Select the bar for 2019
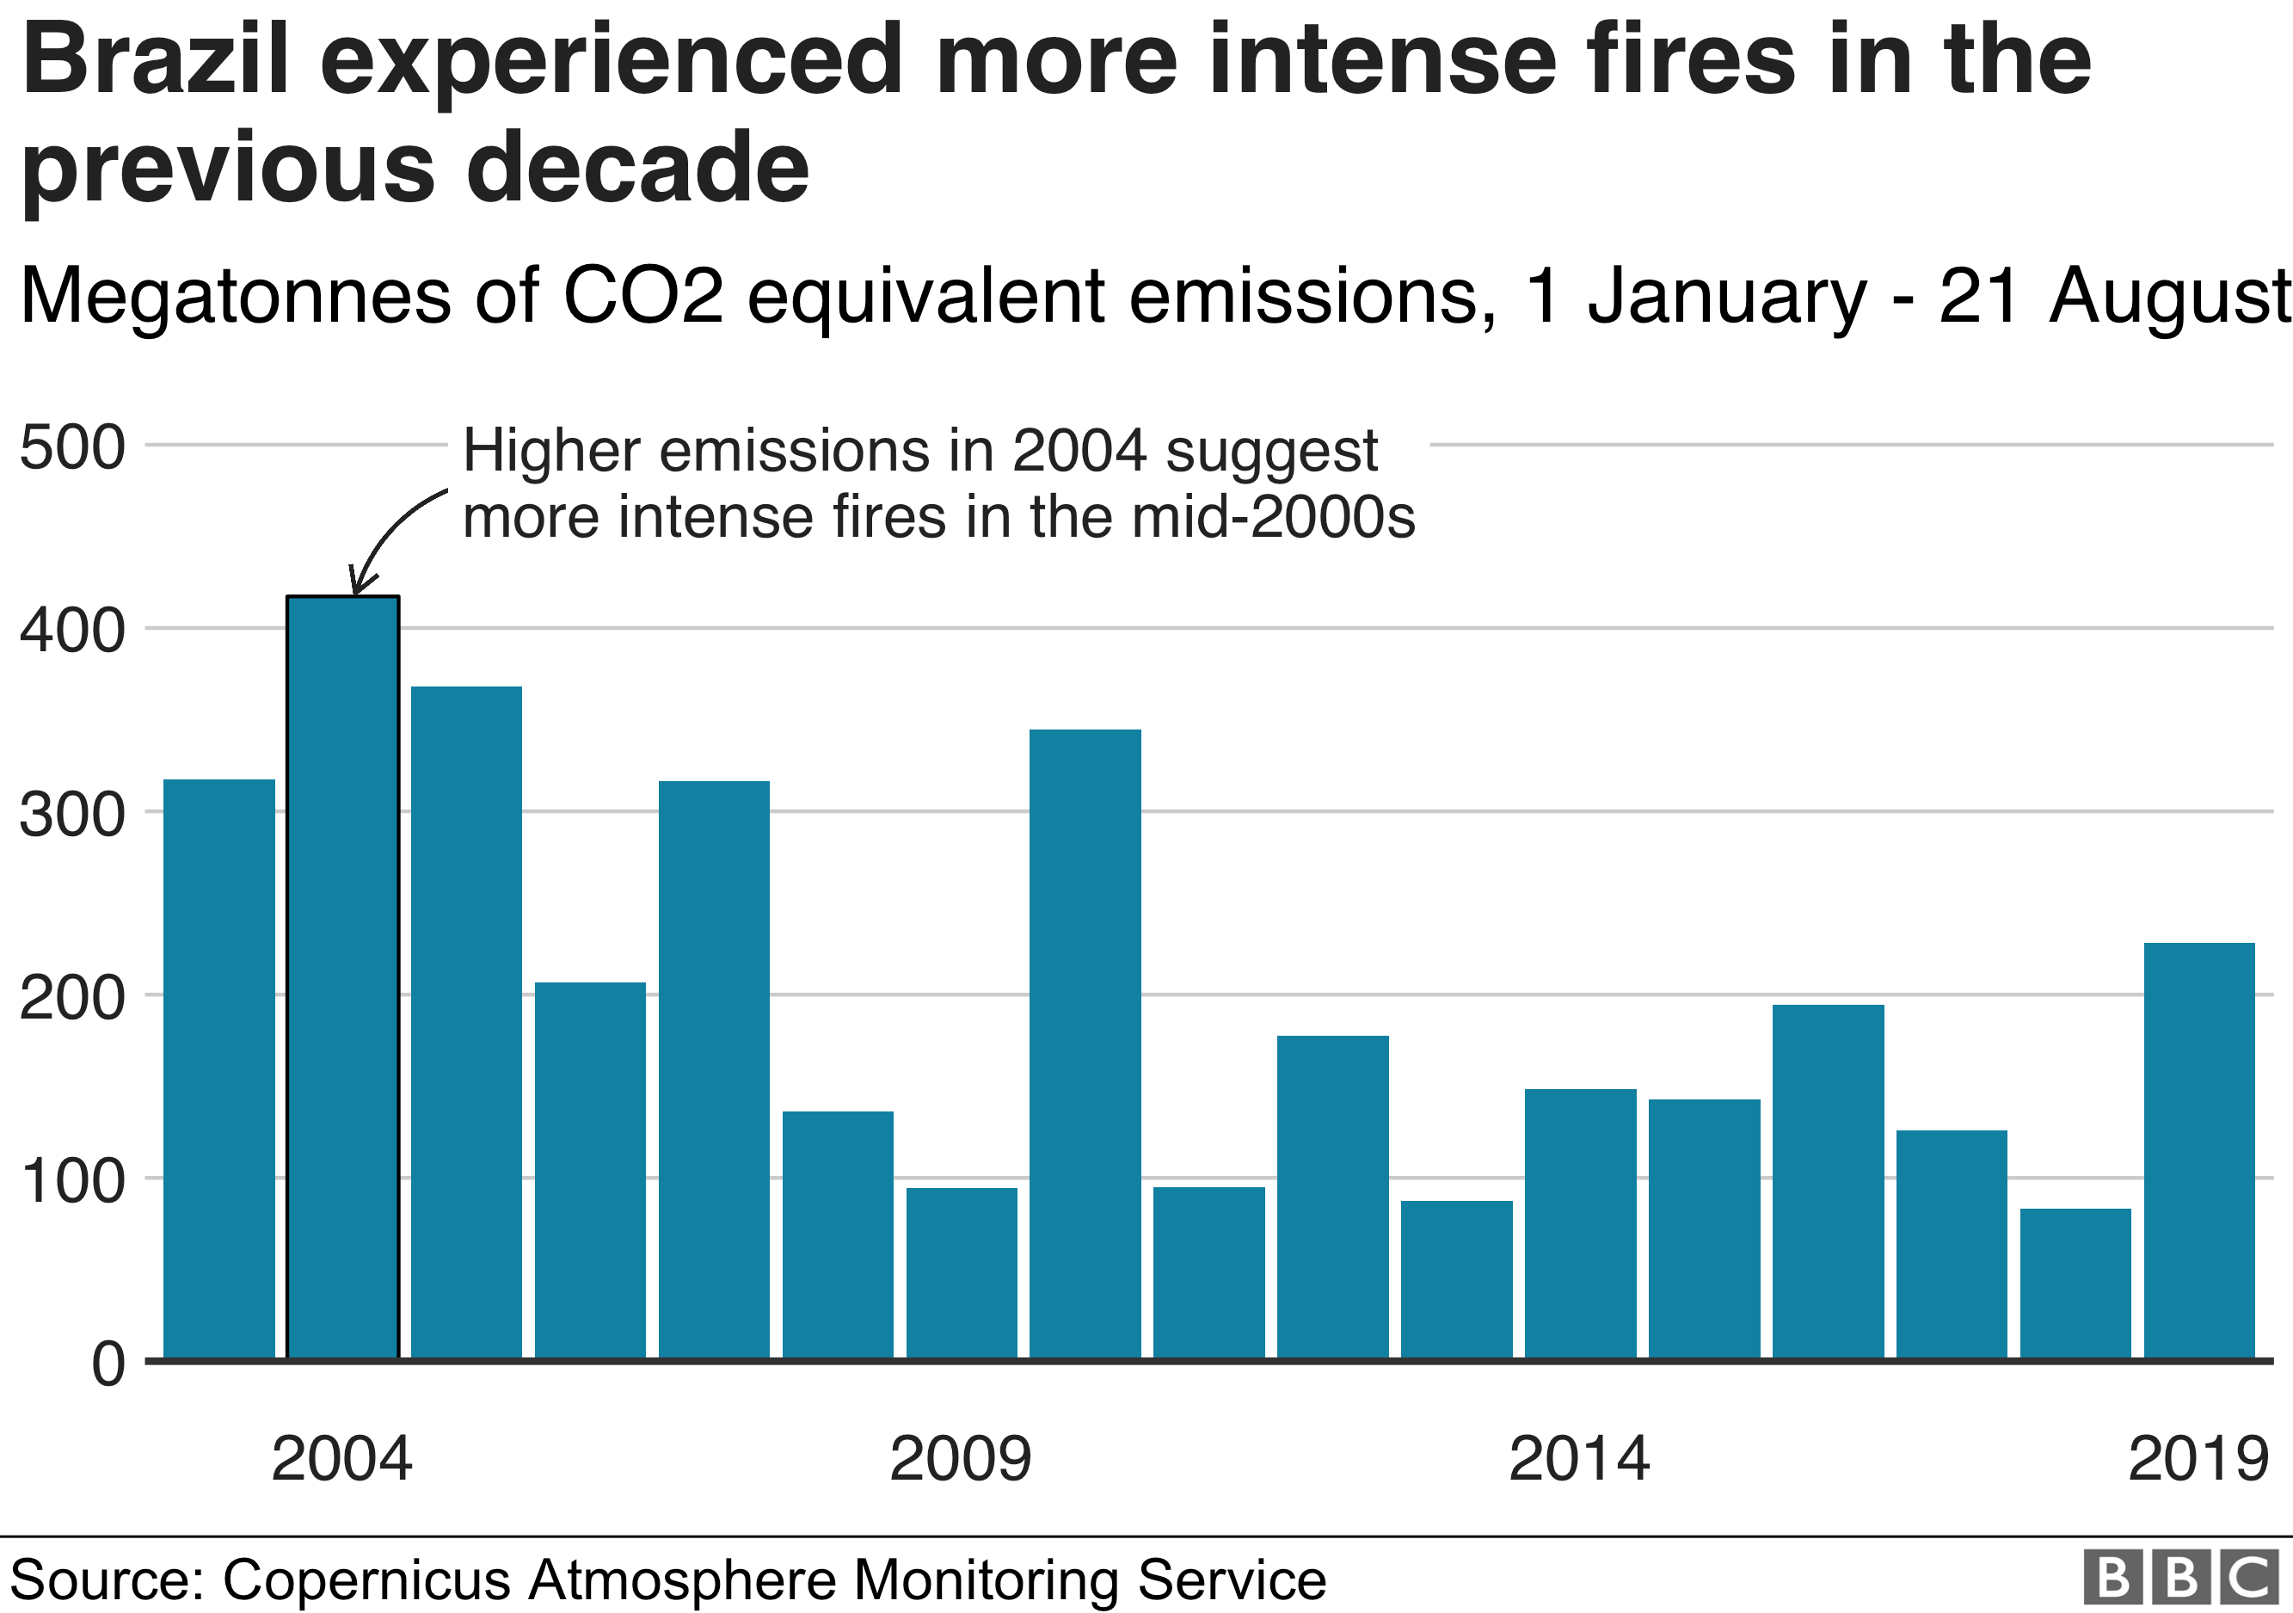tap(2198, 1149)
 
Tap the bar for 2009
tap(961, 1272)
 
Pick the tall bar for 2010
tap(1085, 1044)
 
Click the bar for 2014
tap(1580, 1223)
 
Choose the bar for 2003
tap(218, 1068)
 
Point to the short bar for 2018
tap(2075, 1284)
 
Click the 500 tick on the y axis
tap(73, 446)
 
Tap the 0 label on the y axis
tap(108, 1364)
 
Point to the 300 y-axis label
tap(73, 814)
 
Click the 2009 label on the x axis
tap(960, 1458)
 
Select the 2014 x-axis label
tap(1579, 1458)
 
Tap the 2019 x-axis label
tap(2198, 1458)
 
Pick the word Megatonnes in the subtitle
tap(236, 297)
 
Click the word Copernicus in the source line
tap(367, 1579)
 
